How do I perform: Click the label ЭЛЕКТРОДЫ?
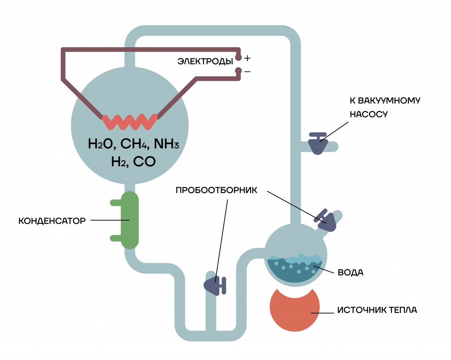pyautogui.click(x=205, y=61)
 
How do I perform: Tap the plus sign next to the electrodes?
pyautogui.click(x=248, y=59)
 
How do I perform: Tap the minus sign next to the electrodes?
pyautogui.click(x=248, y=71)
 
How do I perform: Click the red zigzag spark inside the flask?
pyautogui.click(x=130, y=122)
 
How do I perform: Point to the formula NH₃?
pyautogui.click(x=166, y=144)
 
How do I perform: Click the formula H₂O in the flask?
pyautogui.click(x=102, y=144)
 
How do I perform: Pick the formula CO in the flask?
pyautogui.click(x=144, y=162)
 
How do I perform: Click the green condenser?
pyautogui.click(x=129, y=220)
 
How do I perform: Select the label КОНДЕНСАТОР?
pyautogui.click(x=52, y=221)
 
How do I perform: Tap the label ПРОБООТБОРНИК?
pyautogui.click(x=217, y=190)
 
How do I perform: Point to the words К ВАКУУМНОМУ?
pyautogui.click(x=385, y=100)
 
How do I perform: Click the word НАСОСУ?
pyautogui.click(x=369, y=114)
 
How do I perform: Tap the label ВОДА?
pyautogui.click(x=350, y=272)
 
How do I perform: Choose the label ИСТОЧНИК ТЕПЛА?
pyautogui.click(x=377, y=310)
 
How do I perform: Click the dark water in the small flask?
pyautogui.click(x=295, y=269)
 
